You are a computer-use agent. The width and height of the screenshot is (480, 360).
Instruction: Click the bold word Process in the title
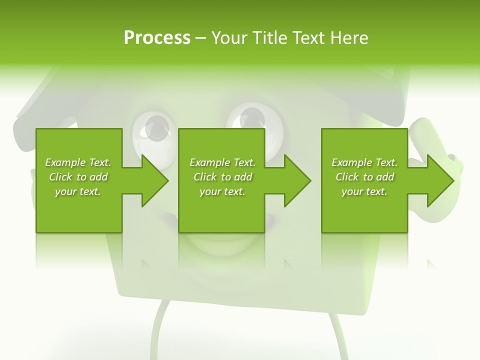(157, 38)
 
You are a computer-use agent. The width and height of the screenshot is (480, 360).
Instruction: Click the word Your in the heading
(229, 38)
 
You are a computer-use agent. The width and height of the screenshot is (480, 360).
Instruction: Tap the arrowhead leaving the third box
(439, 180)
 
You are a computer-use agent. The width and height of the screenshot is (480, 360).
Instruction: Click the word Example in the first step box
(65, 162)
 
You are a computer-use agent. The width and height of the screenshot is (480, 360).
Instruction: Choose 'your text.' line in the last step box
(364, 191)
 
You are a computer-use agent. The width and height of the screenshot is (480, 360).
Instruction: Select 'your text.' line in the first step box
(78, 191)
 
